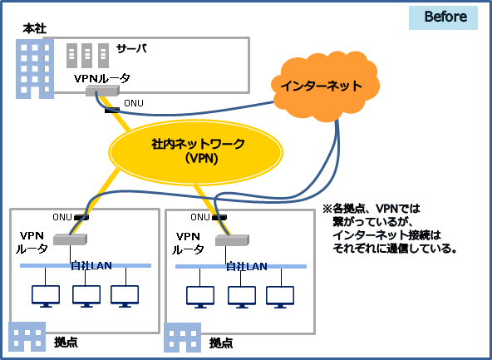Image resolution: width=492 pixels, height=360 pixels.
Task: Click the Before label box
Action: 443,17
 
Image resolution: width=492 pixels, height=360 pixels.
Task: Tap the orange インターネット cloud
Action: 325,86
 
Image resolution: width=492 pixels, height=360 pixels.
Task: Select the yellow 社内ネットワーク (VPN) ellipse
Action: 195,152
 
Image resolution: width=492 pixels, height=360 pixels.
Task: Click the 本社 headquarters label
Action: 35,29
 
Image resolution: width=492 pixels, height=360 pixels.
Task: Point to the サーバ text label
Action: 131,49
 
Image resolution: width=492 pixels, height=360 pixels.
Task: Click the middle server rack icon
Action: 87,56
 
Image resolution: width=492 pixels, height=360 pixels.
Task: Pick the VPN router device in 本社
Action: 102,91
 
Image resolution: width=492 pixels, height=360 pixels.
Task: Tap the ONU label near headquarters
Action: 134,103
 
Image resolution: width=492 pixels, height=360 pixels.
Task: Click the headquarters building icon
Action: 35,69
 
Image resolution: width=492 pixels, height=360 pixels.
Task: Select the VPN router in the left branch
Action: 70,239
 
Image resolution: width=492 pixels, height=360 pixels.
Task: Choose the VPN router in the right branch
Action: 232,240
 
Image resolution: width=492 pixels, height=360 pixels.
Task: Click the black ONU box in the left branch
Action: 81,217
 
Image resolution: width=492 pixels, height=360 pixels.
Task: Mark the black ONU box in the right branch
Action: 219,217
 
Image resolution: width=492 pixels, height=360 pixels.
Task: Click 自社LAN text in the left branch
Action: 91,266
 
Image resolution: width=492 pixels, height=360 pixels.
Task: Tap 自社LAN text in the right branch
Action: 247,267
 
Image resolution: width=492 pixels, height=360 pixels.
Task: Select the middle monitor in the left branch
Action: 86,296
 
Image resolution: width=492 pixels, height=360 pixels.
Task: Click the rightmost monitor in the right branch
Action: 280,297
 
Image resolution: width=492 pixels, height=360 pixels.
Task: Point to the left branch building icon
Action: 27,337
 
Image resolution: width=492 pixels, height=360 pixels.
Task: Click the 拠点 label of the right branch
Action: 221,343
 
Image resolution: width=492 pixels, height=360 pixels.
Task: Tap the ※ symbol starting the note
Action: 327,209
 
